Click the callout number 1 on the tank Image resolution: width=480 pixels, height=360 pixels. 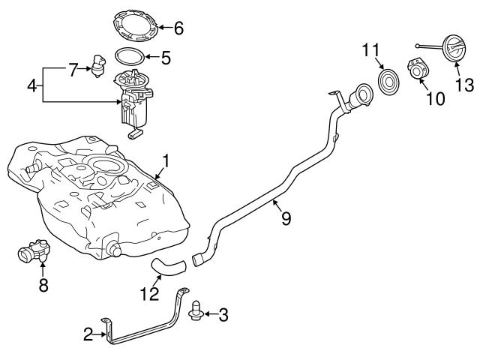click(x=166, y=160)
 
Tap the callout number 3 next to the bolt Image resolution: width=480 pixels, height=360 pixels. click(x=223, y=315)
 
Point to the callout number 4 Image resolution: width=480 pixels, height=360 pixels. click(x=31, y=85)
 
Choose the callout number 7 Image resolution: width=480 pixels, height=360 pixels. click(x=73, y=70)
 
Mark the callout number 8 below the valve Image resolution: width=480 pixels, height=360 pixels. click(x=43, y=285)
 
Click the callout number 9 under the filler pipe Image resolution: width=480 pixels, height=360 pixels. click(x=285, y=218)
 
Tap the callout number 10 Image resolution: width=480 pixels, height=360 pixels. click(x=435, y=97)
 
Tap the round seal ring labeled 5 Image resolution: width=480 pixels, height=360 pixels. click(x=130, y=56)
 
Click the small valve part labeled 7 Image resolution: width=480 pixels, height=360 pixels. click(x=97, y=65)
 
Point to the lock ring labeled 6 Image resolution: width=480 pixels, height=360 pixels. click(x=137, y=25)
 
